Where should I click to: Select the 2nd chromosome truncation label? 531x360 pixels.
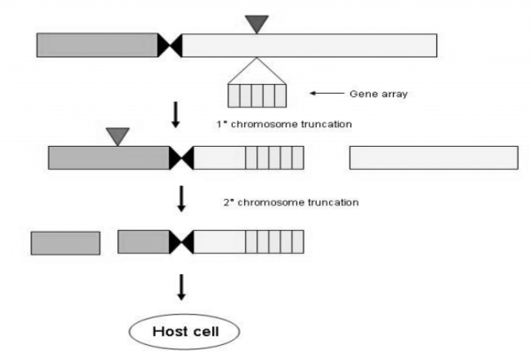(290, 202)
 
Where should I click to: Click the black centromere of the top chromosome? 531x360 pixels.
(170, 45)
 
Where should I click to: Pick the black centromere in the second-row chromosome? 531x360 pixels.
(181, 158)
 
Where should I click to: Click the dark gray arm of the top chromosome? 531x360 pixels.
(97, 45)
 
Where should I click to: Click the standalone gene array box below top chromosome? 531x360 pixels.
(257, 95)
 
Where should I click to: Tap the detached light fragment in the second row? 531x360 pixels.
(434, 158)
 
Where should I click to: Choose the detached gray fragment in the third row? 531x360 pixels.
(65, 243)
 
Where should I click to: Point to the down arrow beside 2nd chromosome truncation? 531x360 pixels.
(181, 200)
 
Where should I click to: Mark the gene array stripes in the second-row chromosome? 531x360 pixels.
(274, 158)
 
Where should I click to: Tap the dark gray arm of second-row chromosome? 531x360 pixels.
(109, 158)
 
